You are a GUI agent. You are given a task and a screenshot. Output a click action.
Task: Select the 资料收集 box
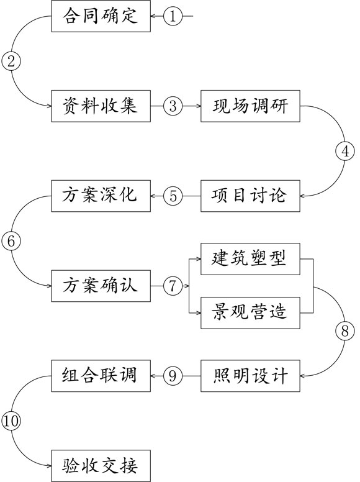tap(101, 106)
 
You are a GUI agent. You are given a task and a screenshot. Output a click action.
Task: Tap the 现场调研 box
tap(251, 106)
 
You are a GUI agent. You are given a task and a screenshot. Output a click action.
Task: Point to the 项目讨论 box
tap(251, 196)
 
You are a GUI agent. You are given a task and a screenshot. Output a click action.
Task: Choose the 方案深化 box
tap(101, 196)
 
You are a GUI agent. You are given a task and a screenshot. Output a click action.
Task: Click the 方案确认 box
tap(101, 286)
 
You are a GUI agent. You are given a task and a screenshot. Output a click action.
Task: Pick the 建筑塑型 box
tap(251, 258)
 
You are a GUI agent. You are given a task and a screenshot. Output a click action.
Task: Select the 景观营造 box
tap(251, 312)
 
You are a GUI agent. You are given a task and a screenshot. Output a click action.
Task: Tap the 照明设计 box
tap(251, 375)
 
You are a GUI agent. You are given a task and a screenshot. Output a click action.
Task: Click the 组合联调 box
tap(101, 375)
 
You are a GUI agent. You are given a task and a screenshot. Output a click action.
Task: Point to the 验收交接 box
tap(101, 465)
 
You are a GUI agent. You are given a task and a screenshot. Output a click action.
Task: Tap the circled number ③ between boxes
tap(173, 106)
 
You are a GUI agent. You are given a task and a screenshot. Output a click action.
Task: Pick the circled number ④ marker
tap(344, 151)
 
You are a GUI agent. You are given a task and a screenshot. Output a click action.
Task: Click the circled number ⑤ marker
tap(173, 196)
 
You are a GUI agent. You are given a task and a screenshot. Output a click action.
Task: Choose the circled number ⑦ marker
tap(173, 286)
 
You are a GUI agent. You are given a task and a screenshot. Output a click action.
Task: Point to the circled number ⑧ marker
tap(344, 330)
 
